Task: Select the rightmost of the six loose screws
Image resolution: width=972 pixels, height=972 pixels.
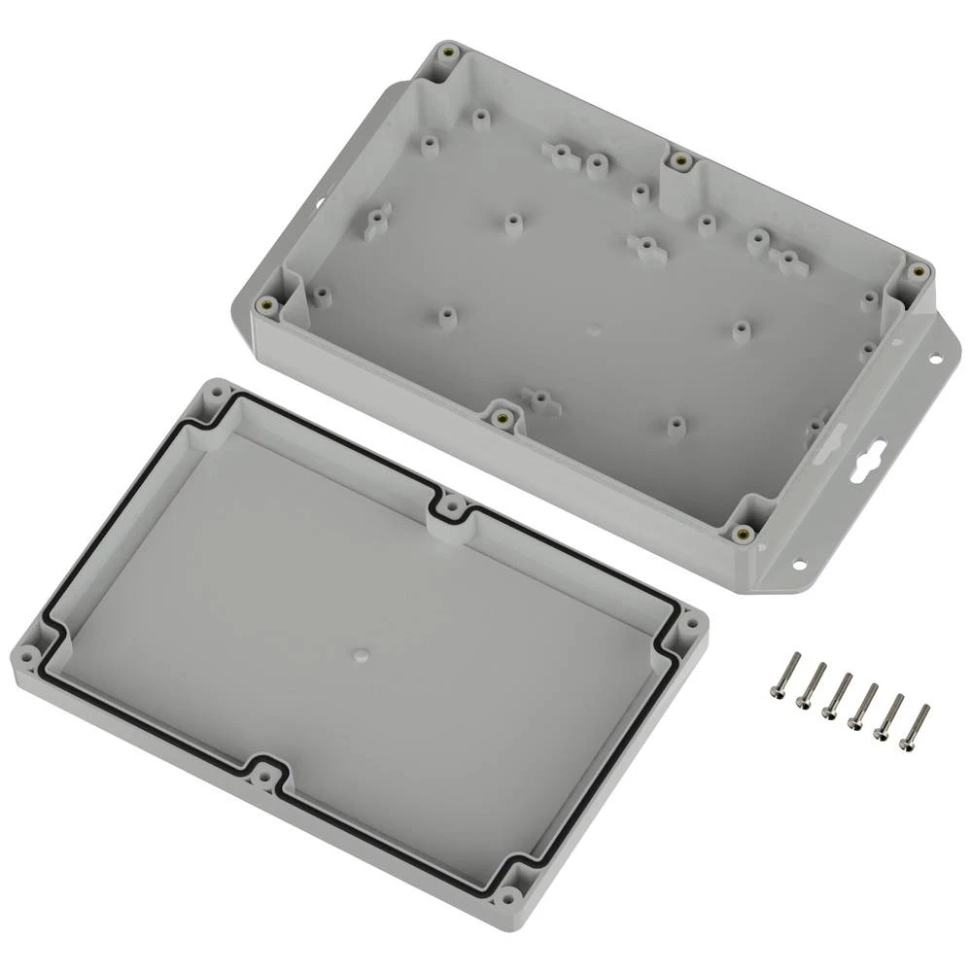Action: (915, 724)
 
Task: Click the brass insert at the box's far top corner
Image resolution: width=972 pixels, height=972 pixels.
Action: (447, 53)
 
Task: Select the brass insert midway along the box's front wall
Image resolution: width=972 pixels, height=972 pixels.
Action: (502, 418)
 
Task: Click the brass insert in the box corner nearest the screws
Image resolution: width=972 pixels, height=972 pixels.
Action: (744, 532)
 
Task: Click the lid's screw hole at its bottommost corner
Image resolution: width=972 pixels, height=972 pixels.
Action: (508, 894)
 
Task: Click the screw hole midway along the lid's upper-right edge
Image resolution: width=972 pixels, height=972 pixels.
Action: (451, 506)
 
